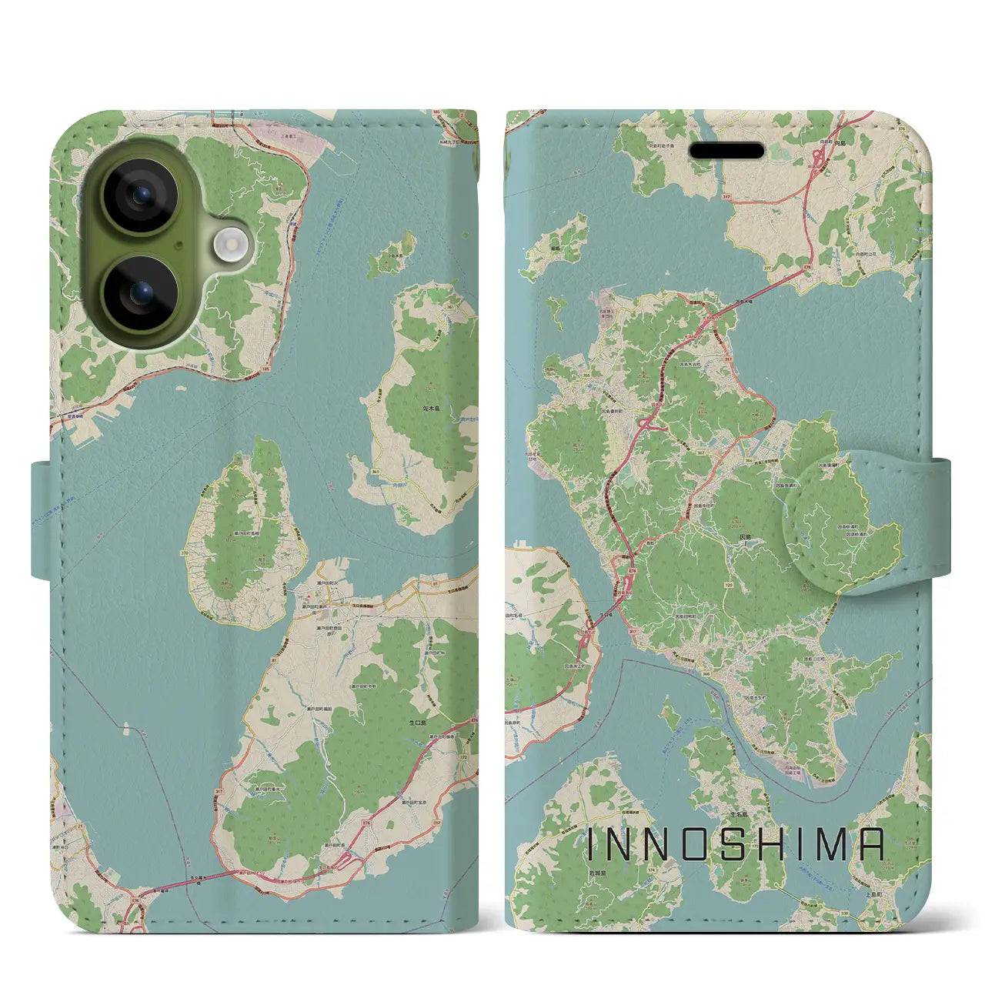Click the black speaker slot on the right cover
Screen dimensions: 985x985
click(726, 150)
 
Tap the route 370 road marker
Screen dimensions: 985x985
click(185, 552)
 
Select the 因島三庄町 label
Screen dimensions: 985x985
click(816, 658)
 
